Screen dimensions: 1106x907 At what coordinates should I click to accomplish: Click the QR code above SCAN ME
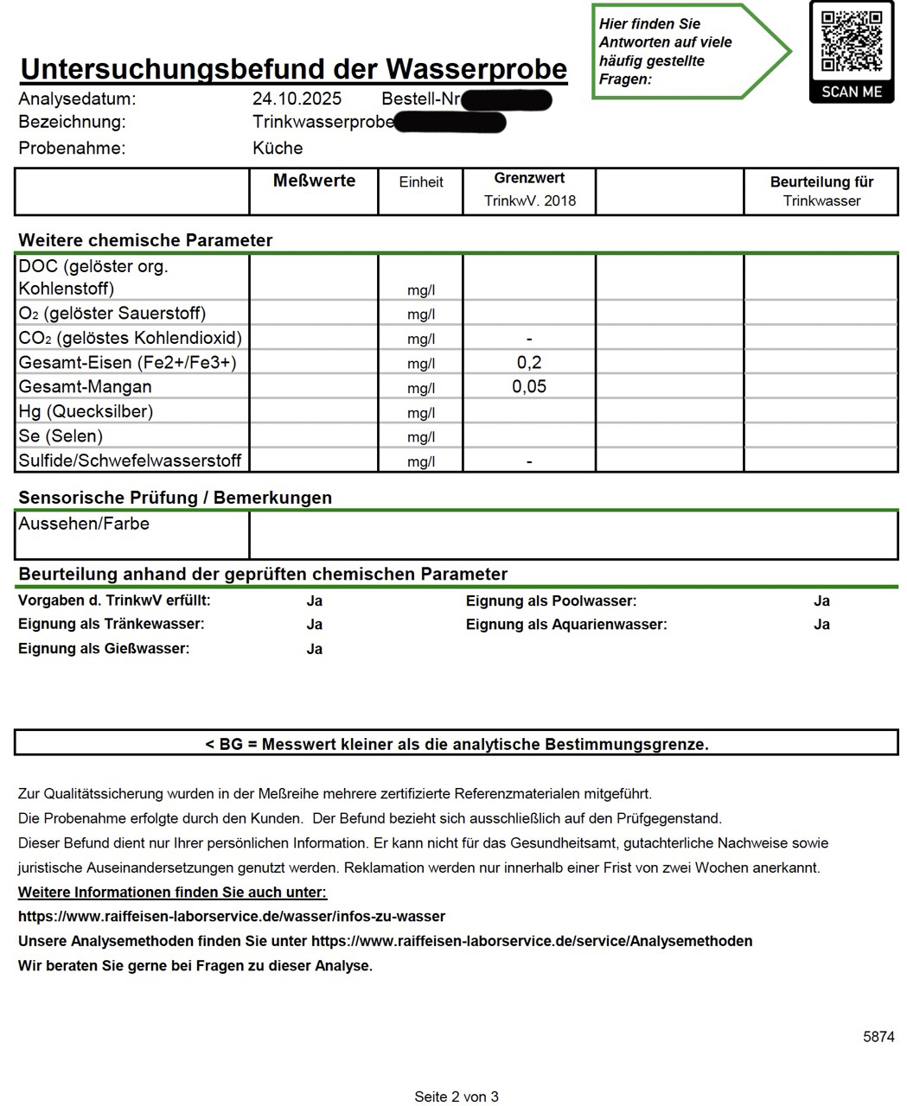click(851, 41)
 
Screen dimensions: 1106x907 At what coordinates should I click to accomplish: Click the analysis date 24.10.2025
click(297, 99)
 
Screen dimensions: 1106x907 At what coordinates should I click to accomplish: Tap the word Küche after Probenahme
click(278, 148)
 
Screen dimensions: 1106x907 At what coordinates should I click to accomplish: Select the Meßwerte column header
click(314, 181)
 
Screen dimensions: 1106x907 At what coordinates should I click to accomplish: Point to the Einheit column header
click(421, 182)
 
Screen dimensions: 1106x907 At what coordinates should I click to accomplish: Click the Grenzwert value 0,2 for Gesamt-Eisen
click(529, 363)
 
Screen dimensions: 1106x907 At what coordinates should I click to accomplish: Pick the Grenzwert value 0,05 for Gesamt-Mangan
click(529, 387)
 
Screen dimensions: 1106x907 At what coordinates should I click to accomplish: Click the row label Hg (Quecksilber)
click(86, 411)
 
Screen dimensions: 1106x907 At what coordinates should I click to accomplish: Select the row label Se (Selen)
click(61, 436)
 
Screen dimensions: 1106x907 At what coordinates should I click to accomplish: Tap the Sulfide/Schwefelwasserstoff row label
click(130, 461)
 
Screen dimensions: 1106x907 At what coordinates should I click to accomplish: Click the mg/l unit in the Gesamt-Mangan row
click(421, 388)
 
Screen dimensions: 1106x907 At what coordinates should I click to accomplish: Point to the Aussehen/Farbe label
click(84, 524)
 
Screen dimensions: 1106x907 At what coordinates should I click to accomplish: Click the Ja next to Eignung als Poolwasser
click(821, 601)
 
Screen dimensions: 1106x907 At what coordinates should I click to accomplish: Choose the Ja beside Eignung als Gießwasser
click(315, 649)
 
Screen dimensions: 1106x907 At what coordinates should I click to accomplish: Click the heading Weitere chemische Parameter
click(145, 240)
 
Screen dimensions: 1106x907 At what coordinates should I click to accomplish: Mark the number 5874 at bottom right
click(878, 1037)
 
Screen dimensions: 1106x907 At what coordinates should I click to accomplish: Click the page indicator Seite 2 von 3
click(457, 1097)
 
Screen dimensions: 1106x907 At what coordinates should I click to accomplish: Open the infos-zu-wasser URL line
click(232, 916)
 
